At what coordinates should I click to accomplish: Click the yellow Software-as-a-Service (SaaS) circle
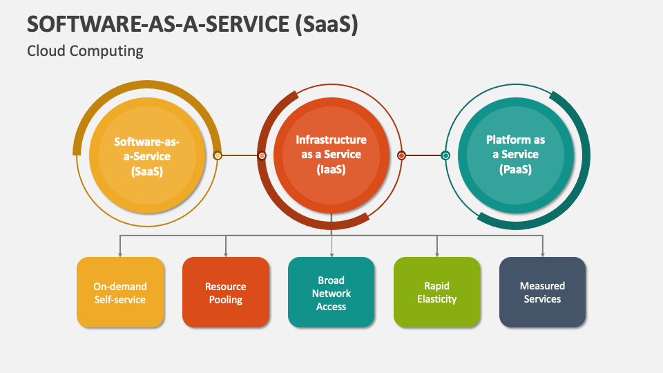pos(147,155)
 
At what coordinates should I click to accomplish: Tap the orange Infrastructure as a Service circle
pos(331,155)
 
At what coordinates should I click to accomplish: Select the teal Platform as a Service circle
pos(516,155)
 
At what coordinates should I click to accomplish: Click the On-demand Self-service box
pos(120,292)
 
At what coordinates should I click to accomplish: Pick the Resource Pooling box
pos(226,292)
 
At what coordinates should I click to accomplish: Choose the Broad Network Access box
pos(331,292)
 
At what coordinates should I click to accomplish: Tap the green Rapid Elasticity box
pos(436,292)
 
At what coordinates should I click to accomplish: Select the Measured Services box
pos(543,292)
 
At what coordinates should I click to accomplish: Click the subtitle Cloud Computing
pos(85,51)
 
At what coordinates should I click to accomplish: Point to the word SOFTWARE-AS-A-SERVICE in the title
pos(158,23)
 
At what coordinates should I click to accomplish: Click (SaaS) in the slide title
pos(327,24)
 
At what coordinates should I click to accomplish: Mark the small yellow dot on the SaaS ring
pos(218,155)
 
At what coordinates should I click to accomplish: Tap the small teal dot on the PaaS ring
pos(445,155)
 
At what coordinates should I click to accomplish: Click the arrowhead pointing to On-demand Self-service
pos(120,255)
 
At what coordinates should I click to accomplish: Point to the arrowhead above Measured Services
pos(543,255)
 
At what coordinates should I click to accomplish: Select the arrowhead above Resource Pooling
pos(226,255)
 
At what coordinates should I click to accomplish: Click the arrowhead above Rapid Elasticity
pos(436,255)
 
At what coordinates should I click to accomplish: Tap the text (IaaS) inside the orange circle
pos(331,170)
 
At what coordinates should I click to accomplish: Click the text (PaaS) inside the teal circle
pos(515,170)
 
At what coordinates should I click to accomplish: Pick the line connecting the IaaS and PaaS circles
pos(423,155)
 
